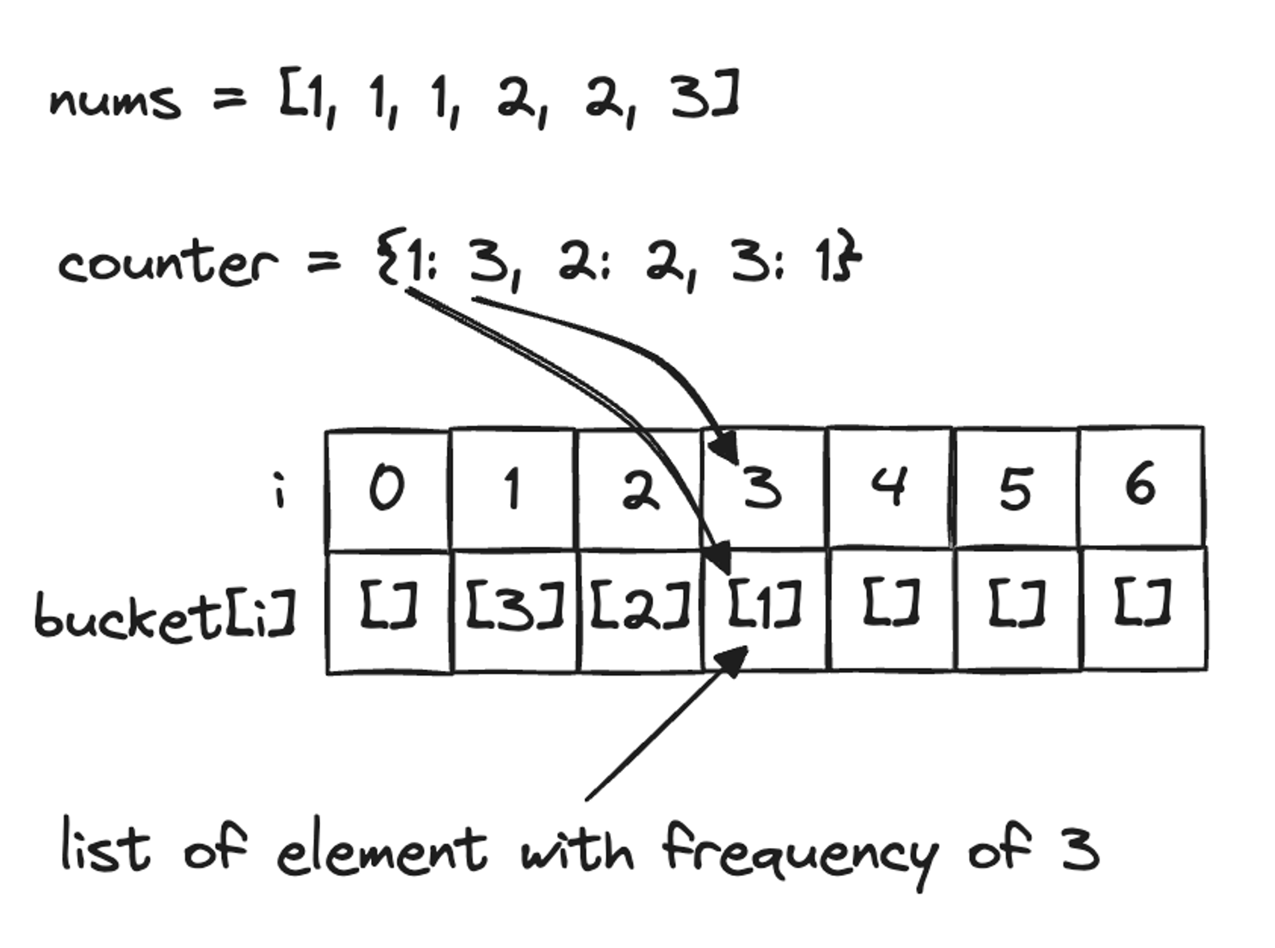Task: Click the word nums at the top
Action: [x=115, y=102]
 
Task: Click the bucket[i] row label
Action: [x=164, y=615]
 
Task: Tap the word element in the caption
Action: [x=381, y=852]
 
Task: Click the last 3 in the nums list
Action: [x=690, y=97]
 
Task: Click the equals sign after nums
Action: [x=229, y=99]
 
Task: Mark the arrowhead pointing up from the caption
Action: [x=733, y=660]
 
